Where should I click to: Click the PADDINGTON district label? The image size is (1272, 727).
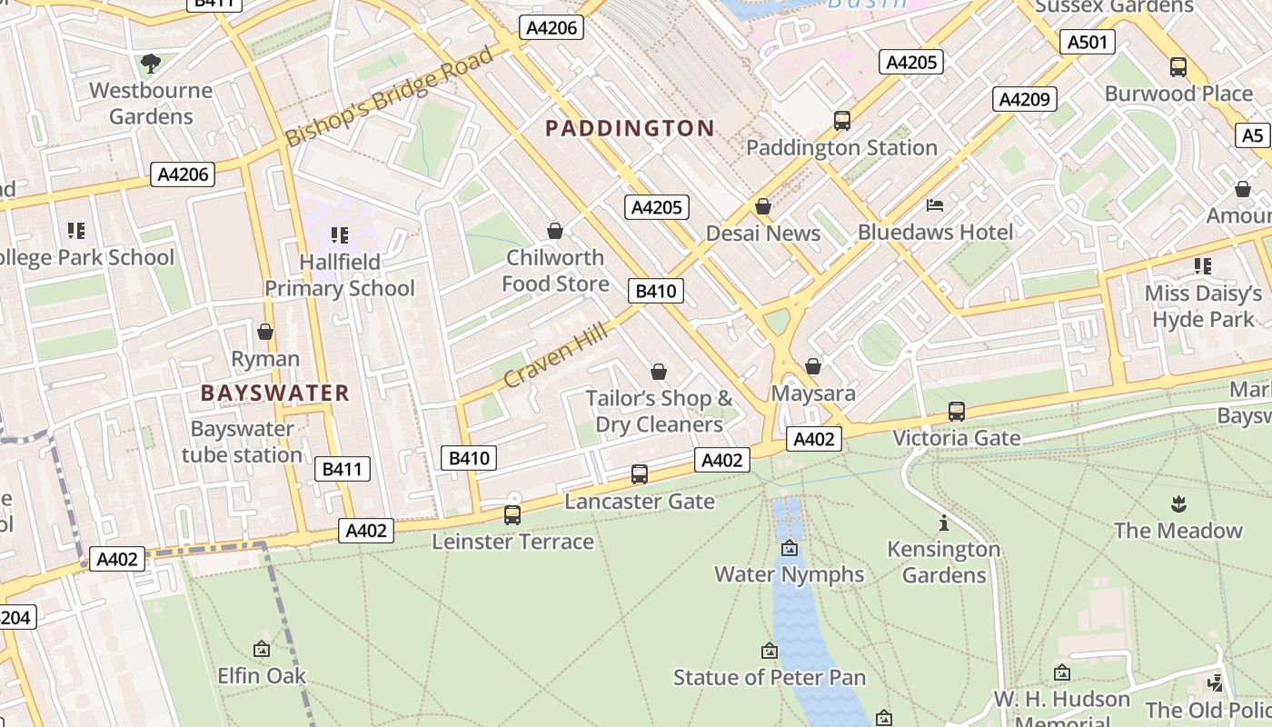(x=630, y=128)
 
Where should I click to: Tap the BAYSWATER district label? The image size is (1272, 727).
(x=275, y=393)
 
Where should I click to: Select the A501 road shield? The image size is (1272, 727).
(x=1087, y=42)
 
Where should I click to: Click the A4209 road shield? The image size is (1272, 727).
(x=1025, y=99)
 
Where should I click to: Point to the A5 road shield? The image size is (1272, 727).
(x=1252, y=135)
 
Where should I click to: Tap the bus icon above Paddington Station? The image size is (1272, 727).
(x=841, y=120)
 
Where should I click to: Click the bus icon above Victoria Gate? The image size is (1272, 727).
(x=956, y=411)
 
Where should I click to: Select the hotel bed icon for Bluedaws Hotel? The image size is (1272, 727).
(x=935, y=205)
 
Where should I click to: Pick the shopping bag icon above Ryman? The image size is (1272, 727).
(x=265, y=332)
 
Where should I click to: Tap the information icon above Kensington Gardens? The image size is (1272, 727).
(x=944, y=523)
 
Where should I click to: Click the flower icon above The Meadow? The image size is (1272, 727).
(x=1178, y=503)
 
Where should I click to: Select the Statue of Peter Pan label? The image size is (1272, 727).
(x=769, y=678)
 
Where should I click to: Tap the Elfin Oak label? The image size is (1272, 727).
(x=262, y=676)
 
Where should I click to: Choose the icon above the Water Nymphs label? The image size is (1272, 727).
(x=789, y=548)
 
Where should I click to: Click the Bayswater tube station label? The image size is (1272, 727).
(x=242, y=442)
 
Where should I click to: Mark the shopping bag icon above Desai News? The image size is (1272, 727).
(x=763, y=206)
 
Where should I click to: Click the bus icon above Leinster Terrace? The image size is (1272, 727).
(x=512, y=515)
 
